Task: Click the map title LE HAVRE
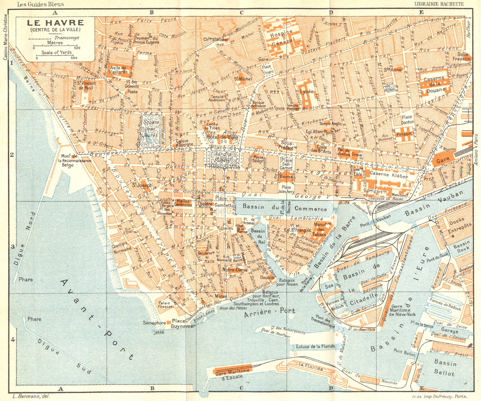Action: point(55,23)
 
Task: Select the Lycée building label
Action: point(307,91)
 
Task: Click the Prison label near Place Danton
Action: point(404,134)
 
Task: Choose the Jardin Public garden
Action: point(222,156)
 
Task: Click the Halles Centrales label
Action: point(183,203)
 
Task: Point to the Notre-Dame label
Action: point(235,270)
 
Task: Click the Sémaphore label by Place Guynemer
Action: point(154,323)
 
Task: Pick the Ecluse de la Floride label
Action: point(315,346)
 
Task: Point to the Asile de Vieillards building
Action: point(118,70)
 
